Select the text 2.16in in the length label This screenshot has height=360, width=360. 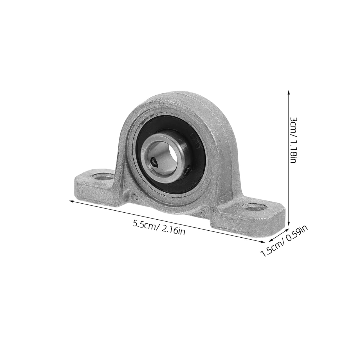[x=172, y=231]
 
